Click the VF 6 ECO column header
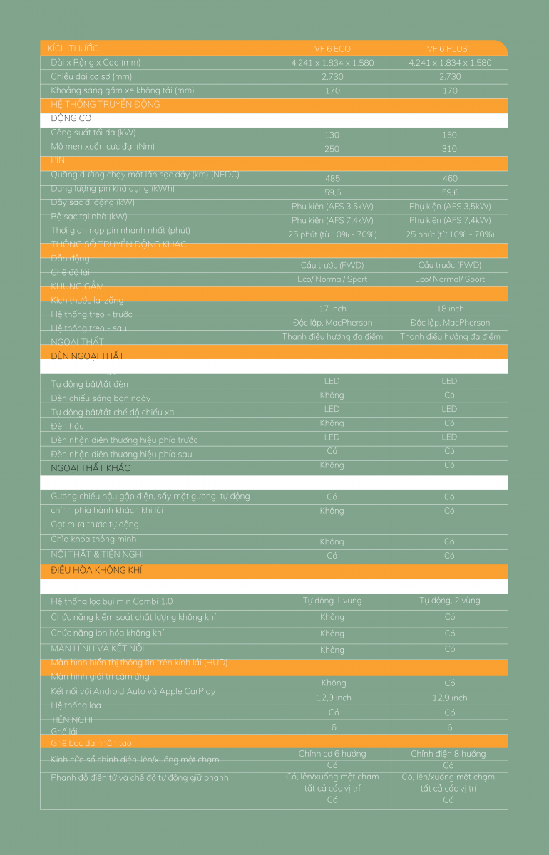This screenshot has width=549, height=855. pos(332,48)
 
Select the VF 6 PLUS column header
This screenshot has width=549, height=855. pos(450,48)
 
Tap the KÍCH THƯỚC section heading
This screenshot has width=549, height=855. pos(73,48)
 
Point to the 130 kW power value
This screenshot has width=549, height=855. pos(332,135)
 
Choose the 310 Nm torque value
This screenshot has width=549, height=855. pos(450,148)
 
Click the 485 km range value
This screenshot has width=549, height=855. pos(332,178)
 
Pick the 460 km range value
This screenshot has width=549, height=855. pos(450,178)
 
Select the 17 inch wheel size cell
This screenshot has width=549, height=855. pos(332,309)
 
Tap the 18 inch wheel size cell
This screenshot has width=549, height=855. pos(450,309)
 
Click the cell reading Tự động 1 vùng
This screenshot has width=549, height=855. pos(332,601)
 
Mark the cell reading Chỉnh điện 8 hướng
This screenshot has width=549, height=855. pos(450,754)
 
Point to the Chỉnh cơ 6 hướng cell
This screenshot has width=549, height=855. pos(332,754)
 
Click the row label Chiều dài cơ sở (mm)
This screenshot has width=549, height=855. pos(91,76)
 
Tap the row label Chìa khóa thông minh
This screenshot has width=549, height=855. pos(93,539)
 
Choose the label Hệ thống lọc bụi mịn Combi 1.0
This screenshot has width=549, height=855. pos(112,601)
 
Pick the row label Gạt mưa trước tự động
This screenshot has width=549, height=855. pos(95,524)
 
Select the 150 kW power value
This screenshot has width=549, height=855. pos(450,135)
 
